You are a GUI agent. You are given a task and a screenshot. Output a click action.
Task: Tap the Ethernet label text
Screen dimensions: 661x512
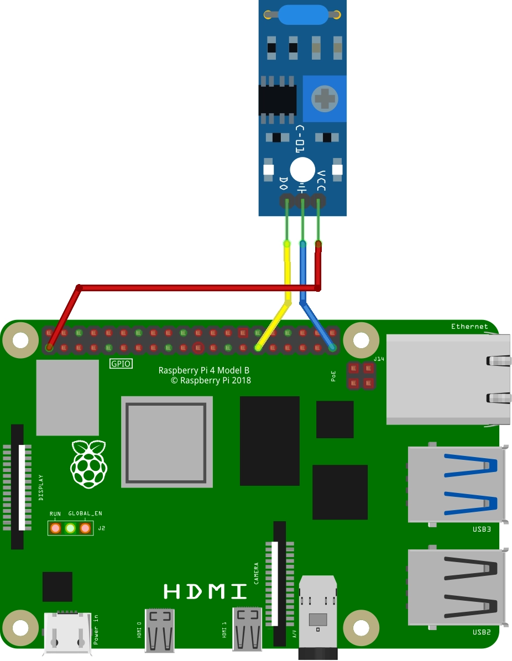[469, 327]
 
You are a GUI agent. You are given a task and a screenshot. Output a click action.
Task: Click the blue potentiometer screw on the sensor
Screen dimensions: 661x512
[325, 99]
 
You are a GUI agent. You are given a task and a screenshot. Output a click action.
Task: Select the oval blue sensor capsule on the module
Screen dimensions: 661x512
[303, 15]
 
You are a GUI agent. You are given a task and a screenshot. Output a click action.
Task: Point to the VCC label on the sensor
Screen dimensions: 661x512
[321, 180]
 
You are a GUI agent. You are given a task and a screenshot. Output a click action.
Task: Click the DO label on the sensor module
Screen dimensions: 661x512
[284, 182]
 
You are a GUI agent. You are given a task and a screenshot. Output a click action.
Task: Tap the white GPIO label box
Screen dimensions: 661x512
[121, 364]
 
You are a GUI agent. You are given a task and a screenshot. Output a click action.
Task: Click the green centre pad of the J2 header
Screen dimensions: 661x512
[70, 528]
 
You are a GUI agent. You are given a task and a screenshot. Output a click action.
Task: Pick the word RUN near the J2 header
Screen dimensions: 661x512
[55, 513]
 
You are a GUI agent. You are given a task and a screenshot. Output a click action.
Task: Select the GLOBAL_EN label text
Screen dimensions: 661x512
[85, 513]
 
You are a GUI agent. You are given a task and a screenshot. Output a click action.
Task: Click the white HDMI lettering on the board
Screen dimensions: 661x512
[206, 591]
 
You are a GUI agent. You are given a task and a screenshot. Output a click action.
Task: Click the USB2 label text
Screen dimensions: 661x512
[481, 631]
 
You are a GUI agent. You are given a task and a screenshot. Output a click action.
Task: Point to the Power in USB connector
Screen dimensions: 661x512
[67, 633]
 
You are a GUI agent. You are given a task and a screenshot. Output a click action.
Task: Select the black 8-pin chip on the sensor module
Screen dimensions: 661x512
[278, 99]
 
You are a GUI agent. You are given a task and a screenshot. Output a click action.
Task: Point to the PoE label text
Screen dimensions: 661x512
[333, 376]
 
